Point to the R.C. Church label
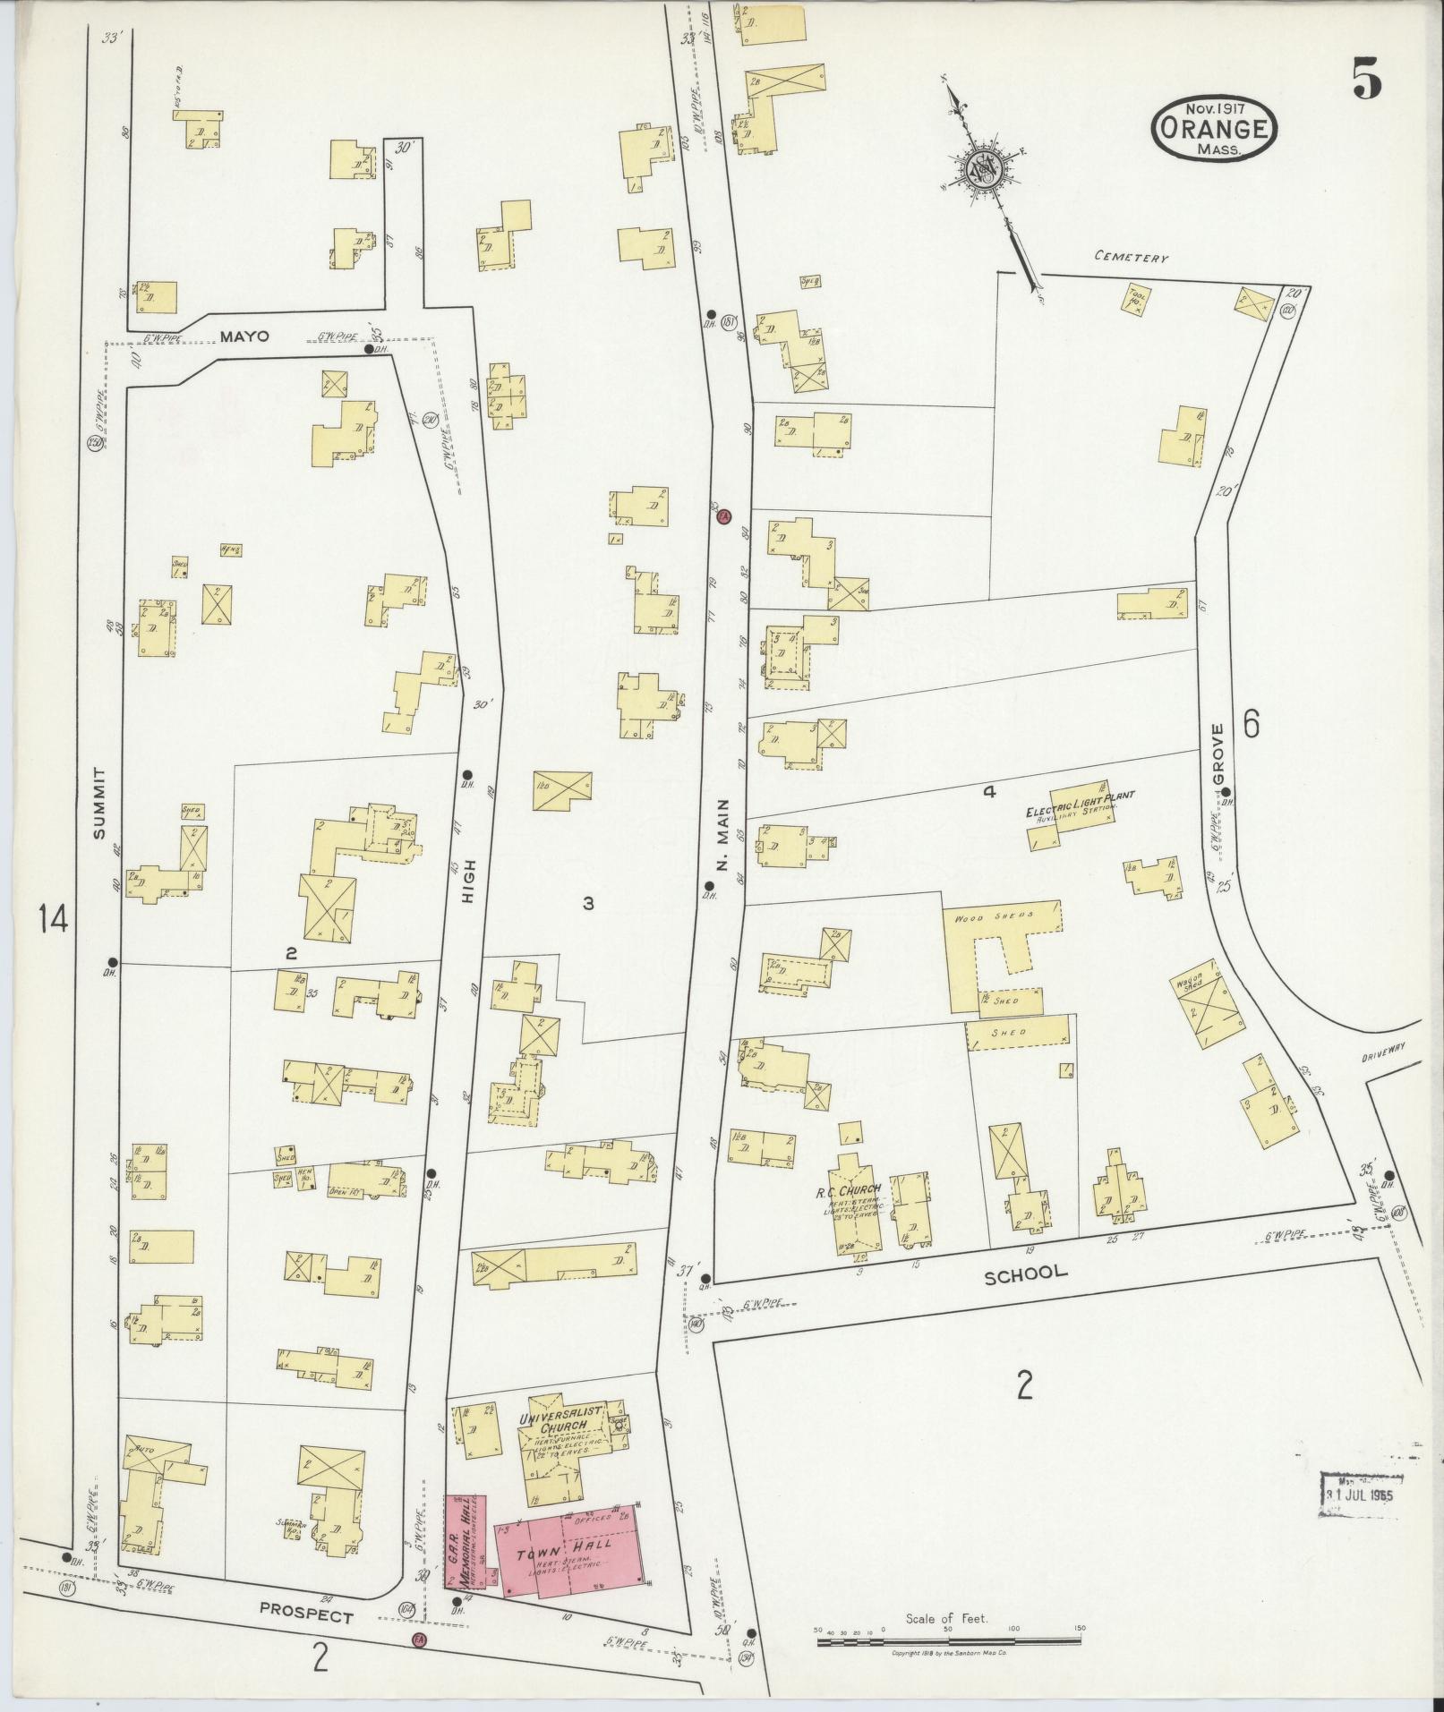click(x=849, y=1189)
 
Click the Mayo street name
click(x=245, y=338)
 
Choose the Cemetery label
click(x=1132, y=258)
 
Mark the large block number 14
click(x=53, y=918)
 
